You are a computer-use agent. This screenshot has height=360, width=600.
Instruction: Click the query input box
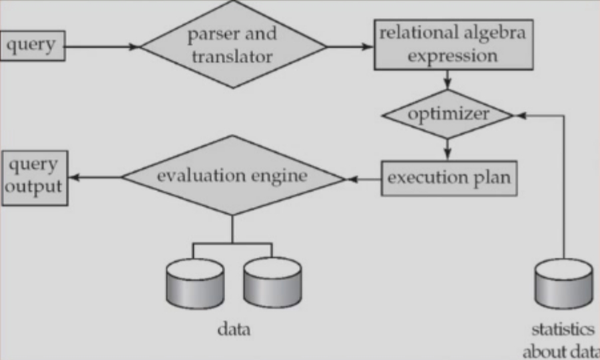click(33, 46)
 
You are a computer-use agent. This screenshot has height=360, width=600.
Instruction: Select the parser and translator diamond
click(234, 45)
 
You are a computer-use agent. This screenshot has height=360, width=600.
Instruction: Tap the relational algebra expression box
click(453, 45)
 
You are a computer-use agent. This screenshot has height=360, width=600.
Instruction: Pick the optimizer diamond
click(448, 114)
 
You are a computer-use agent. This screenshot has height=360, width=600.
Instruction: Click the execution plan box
click(449, 178)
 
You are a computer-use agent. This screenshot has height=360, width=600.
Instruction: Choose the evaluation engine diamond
click(232, 176)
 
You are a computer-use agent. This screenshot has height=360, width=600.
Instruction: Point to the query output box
click(35, 178)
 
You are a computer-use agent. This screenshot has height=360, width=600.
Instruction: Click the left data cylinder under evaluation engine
click(195, 283)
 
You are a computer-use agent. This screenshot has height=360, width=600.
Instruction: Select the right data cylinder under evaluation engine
click(272, 283)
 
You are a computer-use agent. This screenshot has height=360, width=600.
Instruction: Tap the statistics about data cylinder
click(563, 283)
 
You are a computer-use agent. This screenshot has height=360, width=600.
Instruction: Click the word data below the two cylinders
click(234, 329)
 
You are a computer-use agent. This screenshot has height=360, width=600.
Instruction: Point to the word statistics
click(563, 329)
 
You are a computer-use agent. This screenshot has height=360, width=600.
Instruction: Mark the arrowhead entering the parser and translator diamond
click(135, 47)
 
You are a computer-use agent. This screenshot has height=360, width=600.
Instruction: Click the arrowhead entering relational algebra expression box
click(368, 47)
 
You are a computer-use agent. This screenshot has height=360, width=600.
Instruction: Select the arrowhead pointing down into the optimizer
click(448, 84)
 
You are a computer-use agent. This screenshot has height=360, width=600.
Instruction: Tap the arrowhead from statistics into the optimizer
click(521, 114)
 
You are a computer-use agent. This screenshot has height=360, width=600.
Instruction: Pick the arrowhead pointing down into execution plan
click(448, 154)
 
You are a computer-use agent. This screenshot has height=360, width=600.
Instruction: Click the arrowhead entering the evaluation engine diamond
click(352, 179)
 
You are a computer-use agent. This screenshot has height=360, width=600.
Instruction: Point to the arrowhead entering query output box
click(74, 177)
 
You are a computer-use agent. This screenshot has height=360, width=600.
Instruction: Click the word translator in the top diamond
click(232, 57)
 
